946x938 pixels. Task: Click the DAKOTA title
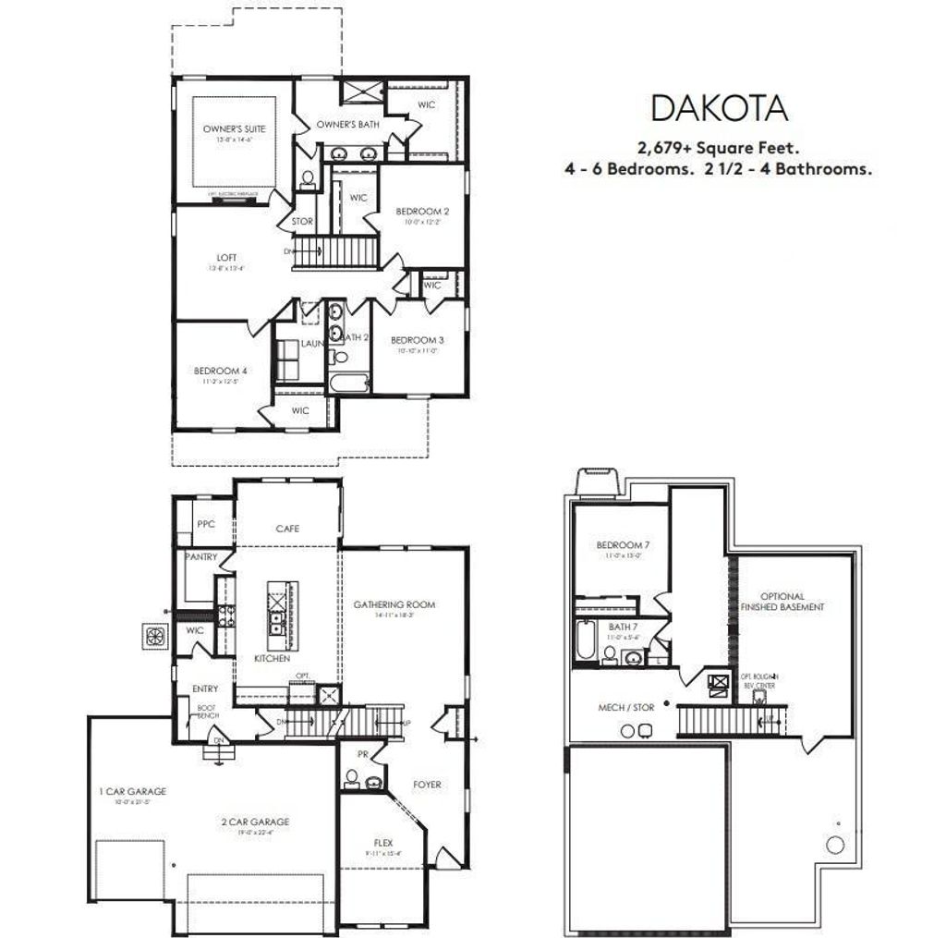[x=719, y=108]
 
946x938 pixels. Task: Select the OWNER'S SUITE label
[x=227, y=129]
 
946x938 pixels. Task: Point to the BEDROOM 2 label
[x=421, y=211]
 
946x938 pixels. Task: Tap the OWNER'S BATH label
[x=342, y=125]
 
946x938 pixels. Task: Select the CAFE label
[x=287, y=529]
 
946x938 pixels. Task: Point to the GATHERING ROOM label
[x=394, y=604]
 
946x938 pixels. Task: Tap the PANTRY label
[x=201, y=557]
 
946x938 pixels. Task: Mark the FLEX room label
[x=382, y=843]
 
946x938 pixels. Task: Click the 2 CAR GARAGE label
[x=255, y=821]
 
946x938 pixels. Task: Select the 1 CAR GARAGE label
[x=133, y=791]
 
